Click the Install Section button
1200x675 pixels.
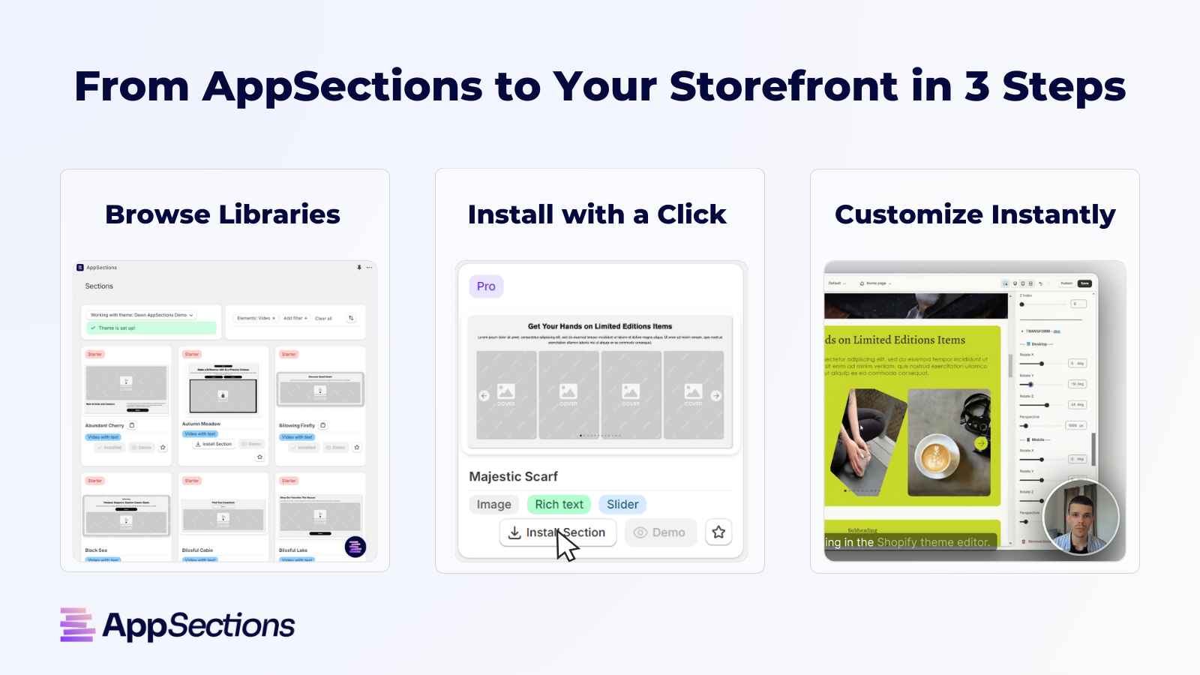[x=557, y=532]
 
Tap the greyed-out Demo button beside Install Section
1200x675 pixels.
[x=660, y=532]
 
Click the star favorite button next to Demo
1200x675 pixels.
[x=718, y=532]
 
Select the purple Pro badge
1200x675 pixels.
[x=486, y=286]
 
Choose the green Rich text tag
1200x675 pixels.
[x=559, y=505]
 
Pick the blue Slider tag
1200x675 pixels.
[x=622, y=505]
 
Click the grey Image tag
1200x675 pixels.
[x=493, y=505]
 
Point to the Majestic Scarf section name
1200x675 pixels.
[x=513, y=476]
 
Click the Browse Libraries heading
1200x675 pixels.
[x=223, y=214]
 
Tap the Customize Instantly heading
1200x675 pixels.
[x=974, y=214]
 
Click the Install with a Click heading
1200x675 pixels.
[x=597, y=214]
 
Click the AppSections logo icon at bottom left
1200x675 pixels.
[x=77, y=625]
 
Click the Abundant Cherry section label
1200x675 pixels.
[x=104, y=425]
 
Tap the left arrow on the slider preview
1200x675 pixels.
[x=484, y=395]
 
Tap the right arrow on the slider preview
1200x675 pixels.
[x=716, y=395]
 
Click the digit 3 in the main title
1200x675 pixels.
[x=976, y=86]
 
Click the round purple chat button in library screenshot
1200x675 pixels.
[x=355, y=547]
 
